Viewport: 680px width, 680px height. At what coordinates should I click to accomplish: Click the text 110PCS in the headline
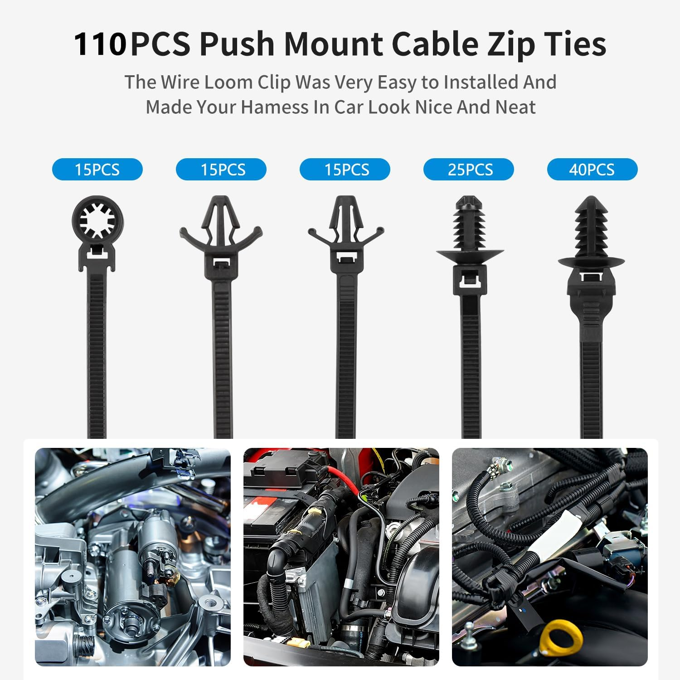pyautogui.click(x=100, y=44)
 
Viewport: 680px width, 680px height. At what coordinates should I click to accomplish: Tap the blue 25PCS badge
pyautogui.click(x=469, y=170)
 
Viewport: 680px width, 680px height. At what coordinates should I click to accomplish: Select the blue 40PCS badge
pyautogui.click(x=592, y=170)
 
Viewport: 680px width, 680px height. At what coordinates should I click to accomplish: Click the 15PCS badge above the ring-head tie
pyautogui.click(x=97, y=170)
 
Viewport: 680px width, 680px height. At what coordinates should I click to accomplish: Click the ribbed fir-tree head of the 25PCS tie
pyautogui.click(x=470, y=222)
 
